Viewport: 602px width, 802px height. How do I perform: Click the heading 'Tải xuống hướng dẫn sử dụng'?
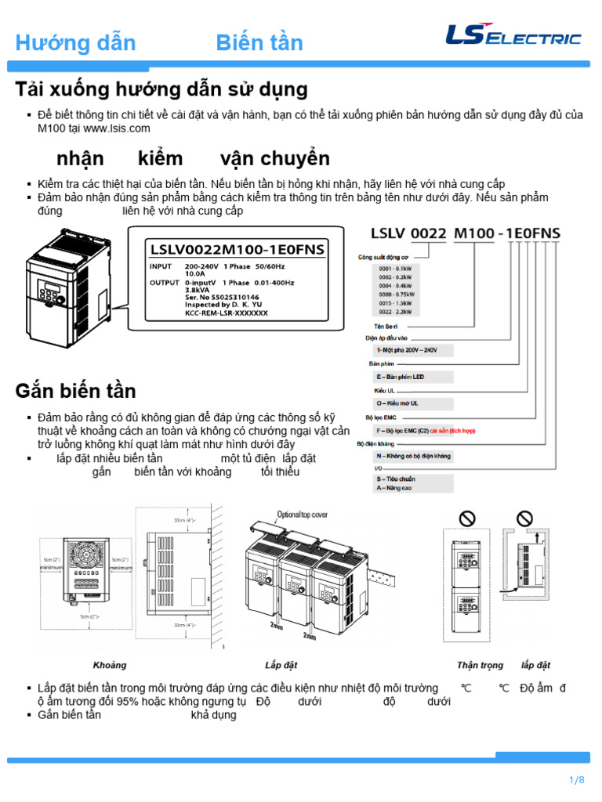click(161, 89)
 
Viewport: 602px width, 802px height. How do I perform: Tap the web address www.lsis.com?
click(116, 128)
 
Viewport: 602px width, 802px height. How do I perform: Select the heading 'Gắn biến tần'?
click(75, 390)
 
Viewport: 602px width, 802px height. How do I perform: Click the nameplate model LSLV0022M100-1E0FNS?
click(237, 250)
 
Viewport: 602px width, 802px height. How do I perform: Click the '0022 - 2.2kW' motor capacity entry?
click(397, 312)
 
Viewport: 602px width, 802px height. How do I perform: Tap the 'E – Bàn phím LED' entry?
click(401, 377)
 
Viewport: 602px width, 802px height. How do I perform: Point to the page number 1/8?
click(577, 780)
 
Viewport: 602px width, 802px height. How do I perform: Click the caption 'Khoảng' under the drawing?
click(110, 665)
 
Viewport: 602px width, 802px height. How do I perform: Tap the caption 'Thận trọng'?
click(480, 665)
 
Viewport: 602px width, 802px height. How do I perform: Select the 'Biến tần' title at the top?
click(259, 42)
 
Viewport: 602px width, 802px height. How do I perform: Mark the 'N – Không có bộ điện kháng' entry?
click(412, 455)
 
